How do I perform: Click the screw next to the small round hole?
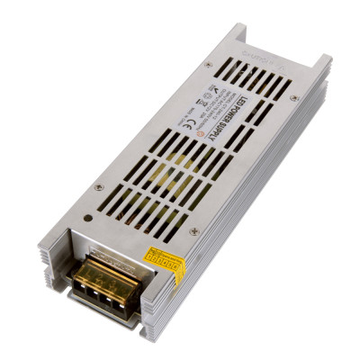tap(97, 187)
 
